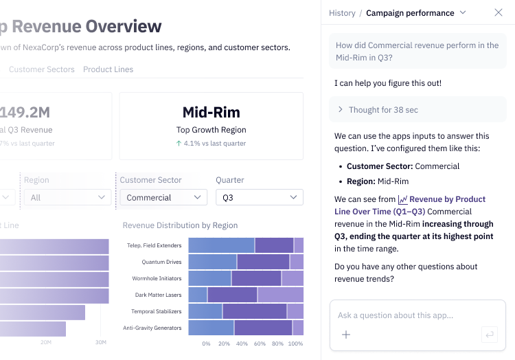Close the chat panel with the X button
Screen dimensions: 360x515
(499, 13)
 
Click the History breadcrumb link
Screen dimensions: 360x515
(342, 13)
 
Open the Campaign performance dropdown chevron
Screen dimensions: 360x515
(463, 13)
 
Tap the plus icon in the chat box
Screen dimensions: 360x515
(346, 335)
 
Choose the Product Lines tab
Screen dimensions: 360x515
(108, 69)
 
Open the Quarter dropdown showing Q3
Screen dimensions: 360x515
(259, 197)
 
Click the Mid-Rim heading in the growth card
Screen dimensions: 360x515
(211, 112)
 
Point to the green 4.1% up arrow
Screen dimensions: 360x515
(179, 144)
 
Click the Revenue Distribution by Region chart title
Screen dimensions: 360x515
(180, 225)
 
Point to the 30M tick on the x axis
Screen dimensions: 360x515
(101, 342)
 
